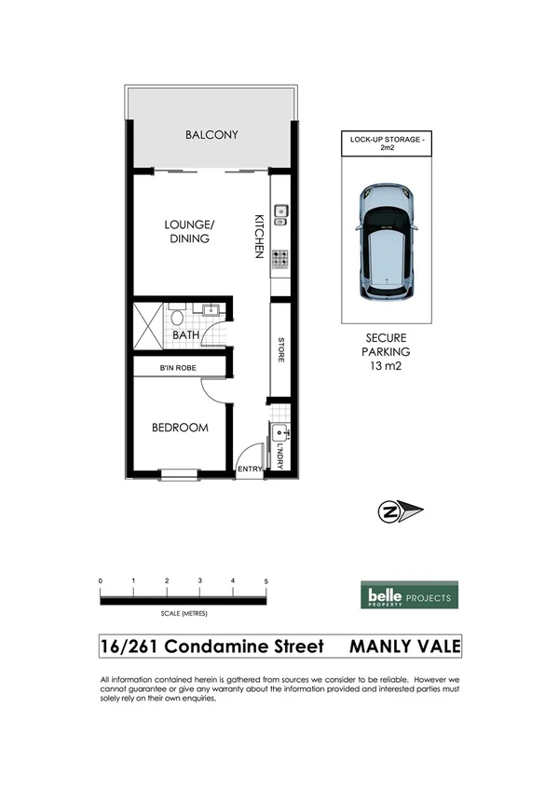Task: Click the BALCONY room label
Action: [x=211, y=135]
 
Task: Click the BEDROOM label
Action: [x=180, y=428]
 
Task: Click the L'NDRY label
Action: [x=279, y=455]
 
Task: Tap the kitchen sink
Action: [x=279, y=219]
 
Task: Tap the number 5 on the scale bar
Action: [x=266, y=581]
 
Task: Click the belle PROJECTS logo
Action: [x=409, y=597]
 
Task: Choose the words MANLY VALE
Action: [x=404, y=646]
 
